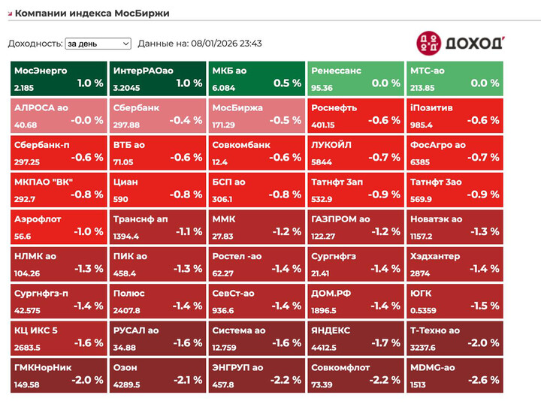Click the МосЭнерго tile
click(x=59, y=79)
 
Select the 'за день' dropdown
click(x=98, y=44)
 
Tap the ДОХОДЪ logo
click(x=460, y=42)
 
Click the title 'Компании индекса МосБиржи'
click(x=92, y=14)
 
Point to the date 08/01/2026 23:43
click(x=226, y=44)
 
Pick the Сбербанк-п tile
click(x=59, y=152)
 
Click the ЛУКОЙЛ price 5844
click(x=322, y=162)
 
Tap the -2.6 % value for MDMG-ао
click(x=484, y=379)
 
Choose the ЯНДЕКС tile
click(x=355, y=337)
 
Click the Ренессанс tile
click(x=355, y=79)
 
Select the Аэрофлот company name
click(x=38, y=219)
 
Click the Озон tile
click(x=158, y=374)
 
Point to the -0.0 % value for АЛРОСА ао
click(x=87, y=120)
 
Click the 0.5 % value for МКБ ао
click(x=287, y=83)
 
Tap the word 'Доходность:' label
click(x=35, y=44)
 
